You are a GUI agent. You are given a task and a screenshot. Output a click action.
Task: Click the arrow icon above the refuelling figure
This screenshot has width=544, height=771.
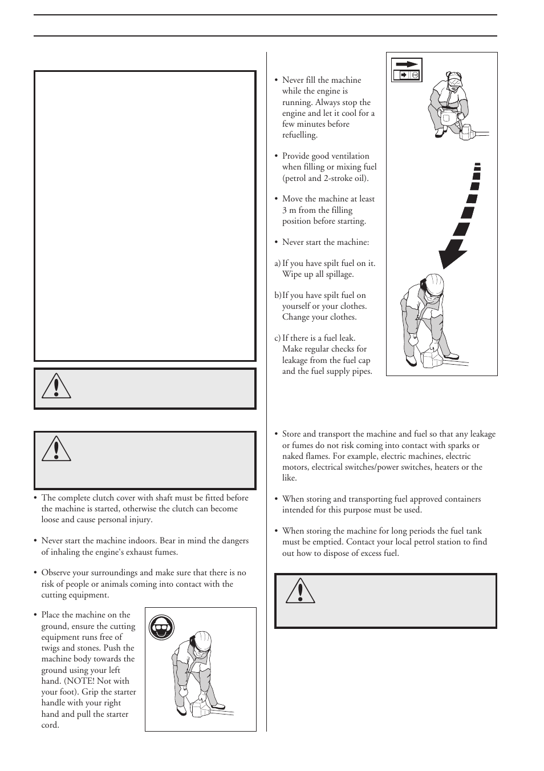(x=407, y=64)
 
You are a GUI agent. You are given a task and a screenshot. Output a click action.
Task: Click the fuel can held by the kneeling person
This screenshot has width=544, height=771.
(x=447, y=120)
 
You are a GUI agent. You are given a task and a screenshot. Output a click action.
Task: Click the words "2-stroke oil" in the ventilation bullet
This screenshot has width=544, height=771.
(x=347, y=178)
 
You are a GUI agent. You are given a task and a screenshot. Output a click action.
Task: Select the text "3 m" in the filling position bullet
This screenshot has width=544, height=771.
(x=289, y=210)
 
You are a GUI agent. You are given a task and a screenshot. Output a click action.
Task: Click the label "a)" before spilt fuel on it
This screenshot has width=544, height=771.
(x=277, y=263)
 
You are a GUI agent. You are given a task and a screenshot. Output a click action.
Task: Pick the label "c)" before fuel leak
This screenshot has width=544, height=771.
(x=277, y=338)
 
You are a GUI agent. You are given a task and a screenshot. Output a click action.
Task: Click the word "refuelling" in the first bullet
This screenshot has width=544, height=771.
(x=299, y=135)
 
